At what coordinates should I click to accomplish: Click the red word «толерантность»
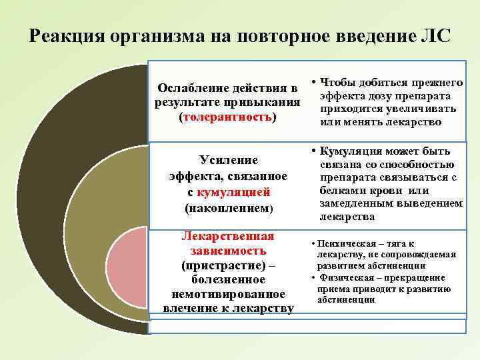point(227,117)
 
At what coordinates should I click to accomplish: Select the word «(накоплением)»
point(228,207)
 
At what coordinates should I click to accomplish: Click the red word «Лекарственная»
point(228,236)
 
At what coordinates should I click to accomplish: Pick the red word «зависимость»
point(228,251)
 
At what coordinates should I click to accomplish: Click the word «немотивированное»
point(228,293)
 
